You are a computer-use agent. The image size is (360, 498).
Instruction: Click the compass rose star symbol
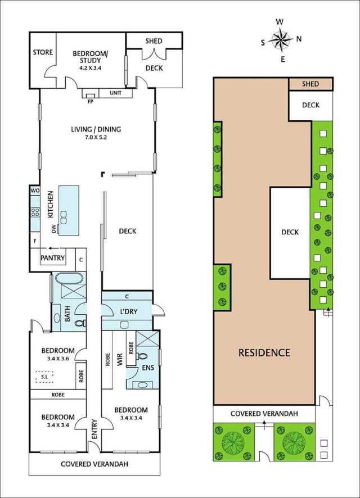(281, 40)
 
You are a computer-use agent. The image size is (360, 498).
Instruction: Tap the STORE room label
(43, 52)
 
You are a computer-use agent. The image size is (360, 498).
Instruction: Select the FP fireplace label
(91, 102)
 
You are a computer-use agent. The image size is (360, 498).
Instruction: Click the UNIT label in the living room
(115, 93)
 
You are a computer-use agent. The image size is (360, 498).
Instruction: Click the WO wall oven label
(35, 191)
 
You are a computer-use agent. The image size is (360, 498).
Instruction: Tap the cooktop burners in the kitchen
(35, 212)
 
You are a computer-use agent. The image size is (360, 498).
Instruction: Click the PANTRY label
(52, 258)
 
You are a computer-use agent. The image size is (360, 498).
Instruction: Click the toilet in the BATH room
(80, 323)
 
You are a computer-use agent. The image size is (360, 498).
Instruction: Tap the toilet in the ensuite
(142, 356)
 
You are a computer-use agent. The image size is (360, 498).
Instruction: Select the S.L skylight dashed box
(44, 377)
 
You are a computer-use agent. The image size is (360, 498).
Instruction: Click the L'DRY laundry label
(129, 311)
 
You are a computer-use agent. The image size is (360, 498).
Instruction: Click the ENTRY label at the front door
(94, 429)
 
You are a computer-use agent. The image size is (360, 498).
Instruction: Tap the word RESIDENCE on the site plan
(264, 352)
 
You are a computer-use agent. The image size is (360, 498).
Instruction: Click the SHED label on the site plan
(310, 84)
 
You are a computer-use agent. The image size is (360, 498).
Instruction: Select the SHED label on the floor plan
(154, 41)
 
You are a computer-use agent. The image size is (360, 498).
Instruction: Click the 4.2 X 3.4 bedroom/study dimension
(90, 67)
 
